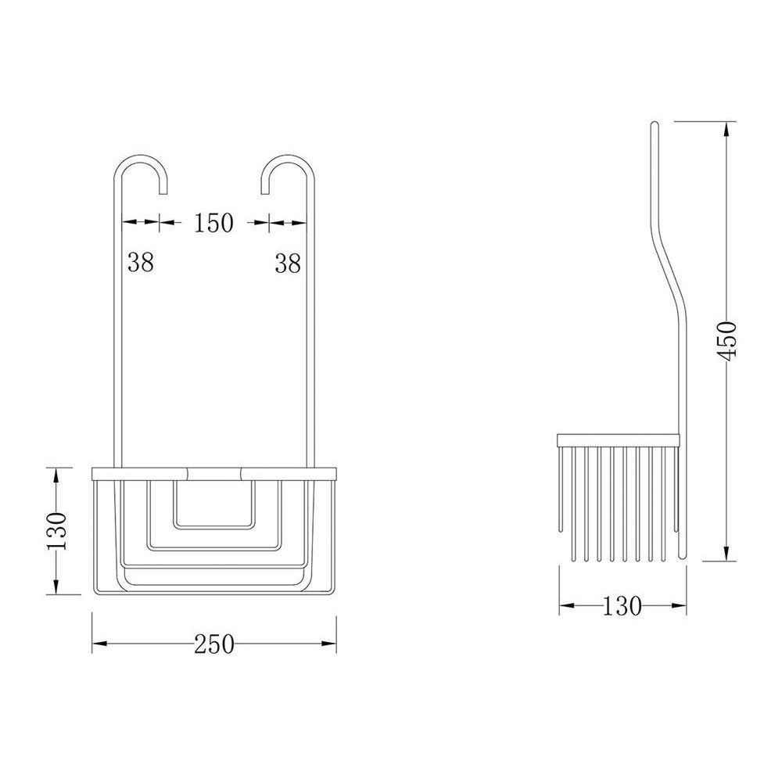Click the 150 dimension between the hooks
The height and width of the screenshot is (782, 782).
point(213,223)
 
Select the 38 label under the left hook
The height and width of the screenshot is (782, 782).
point(141,263)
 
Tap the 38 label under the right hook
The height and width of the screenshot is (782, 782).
point(288,264)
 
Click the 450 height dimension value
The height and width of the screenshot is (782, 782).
point(728,339)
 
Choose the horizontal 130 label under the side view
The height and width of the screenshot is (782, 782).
point(622,606)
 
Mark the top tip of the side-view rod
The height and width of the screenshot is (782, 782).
point(655,124)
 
